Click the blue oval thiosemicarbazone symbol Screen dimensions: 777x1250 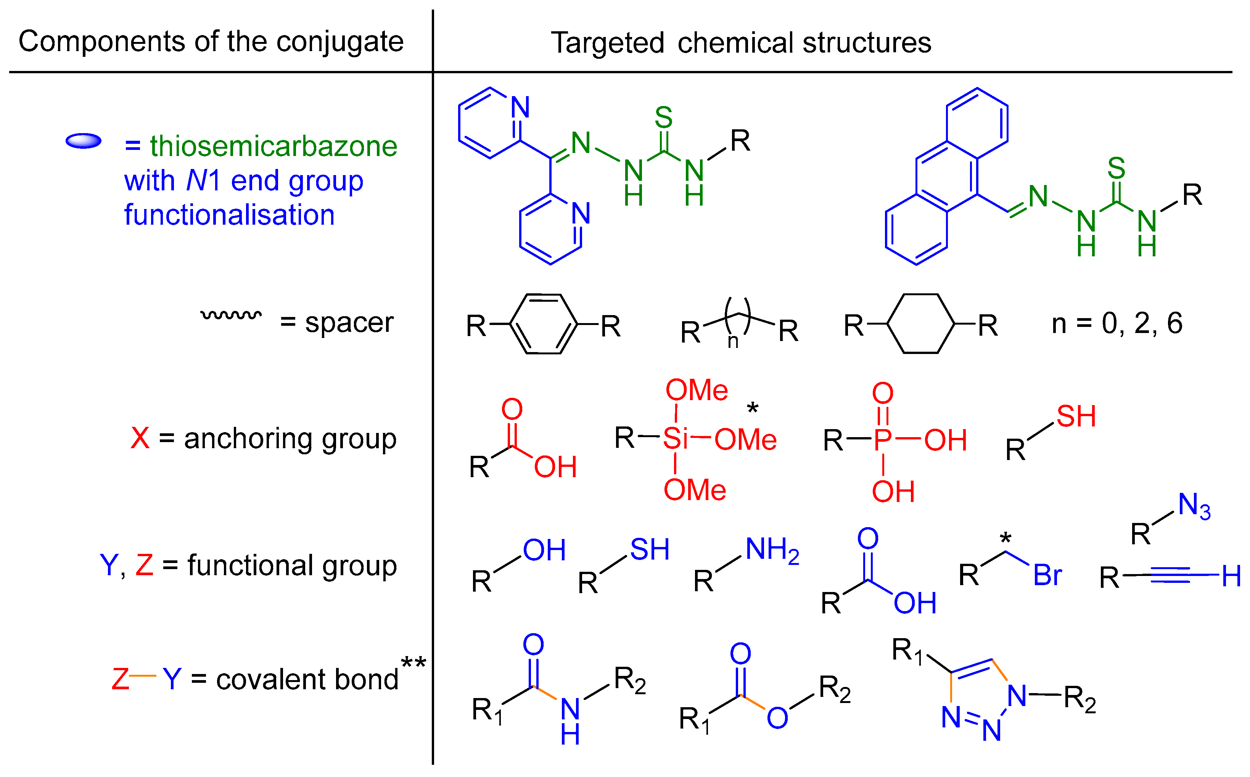[x=83, y=141]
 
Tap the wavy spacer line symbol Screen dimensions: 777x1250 [x=231, y=314]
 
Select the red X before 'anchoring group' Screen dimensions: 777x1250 [x=140, y=438]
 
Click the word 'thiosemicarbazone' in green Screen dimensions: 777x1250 [x=273, y=146]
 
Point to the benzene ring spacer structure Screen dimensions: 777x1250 [x=543, y=324]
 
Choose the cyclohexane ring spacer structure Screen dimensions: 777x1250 [x=921, y=324]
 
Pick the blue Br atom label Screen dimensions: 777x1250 [x=1047, y=575]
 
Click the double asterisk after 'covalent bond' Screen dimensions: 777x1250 [x=413, y=663]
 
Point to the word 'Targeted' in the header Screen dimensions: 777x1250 [x=607, y=43]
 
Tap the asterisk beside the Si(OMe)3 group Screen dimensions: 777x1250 [x=752, y=409]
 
